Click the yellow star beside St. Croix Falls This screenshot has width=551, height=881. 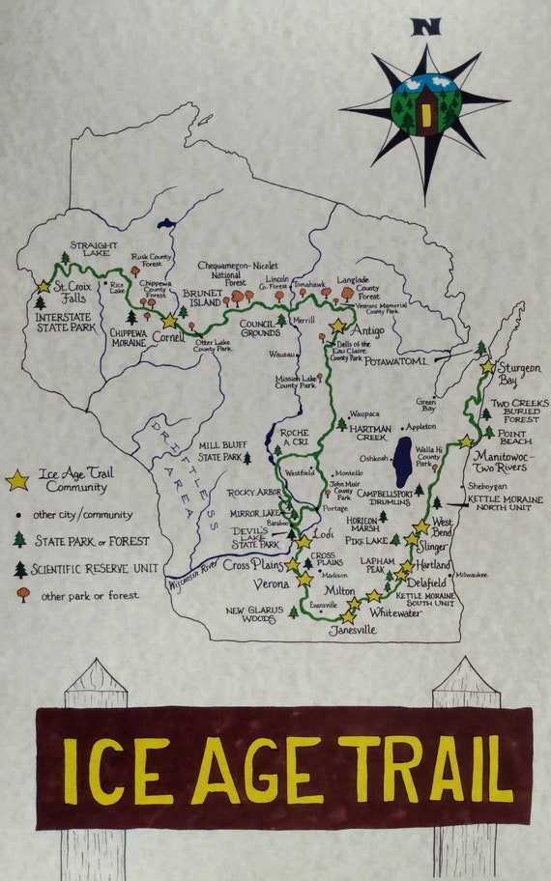(x=43, y=286)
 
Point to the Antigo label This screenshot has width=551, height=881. (x=365, y=330)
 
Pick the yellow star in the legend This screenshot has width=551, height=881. (x=16, y=480)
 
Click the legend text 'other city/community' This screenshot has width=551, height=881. (x=83, y=515)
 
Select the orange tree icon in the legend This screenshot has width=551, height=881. (x=21, y=594)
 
